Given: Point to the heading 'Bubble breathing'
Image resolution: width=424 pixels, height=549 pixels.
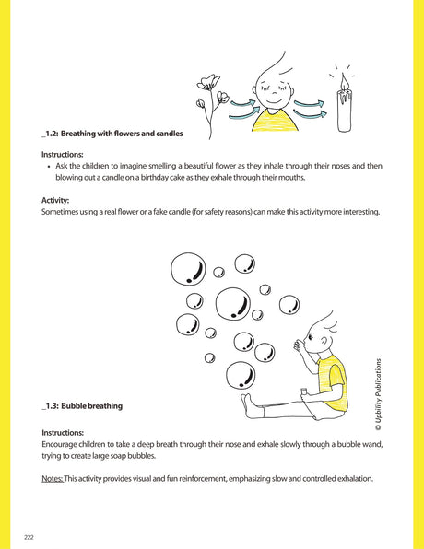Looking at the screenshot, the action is [x=91, y=406].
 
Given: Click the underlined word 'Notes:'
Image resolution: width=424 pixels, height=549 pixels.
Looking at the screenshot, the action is [x=53, y=480].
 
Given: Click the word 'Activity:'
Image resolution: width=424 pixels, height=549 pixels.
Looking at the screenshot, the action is [x=55, y=199].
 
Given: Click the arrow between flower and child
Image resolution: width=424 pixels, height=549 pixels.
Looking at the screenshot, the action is [x=242, y=105].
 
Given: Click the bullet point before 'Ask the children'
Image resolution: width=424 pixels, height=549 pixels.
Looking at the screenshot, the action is [x=47, y=166].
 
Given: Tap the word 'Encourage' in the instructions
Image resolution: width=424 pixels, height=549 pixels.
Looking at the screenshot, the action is [x=64, y=444].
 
